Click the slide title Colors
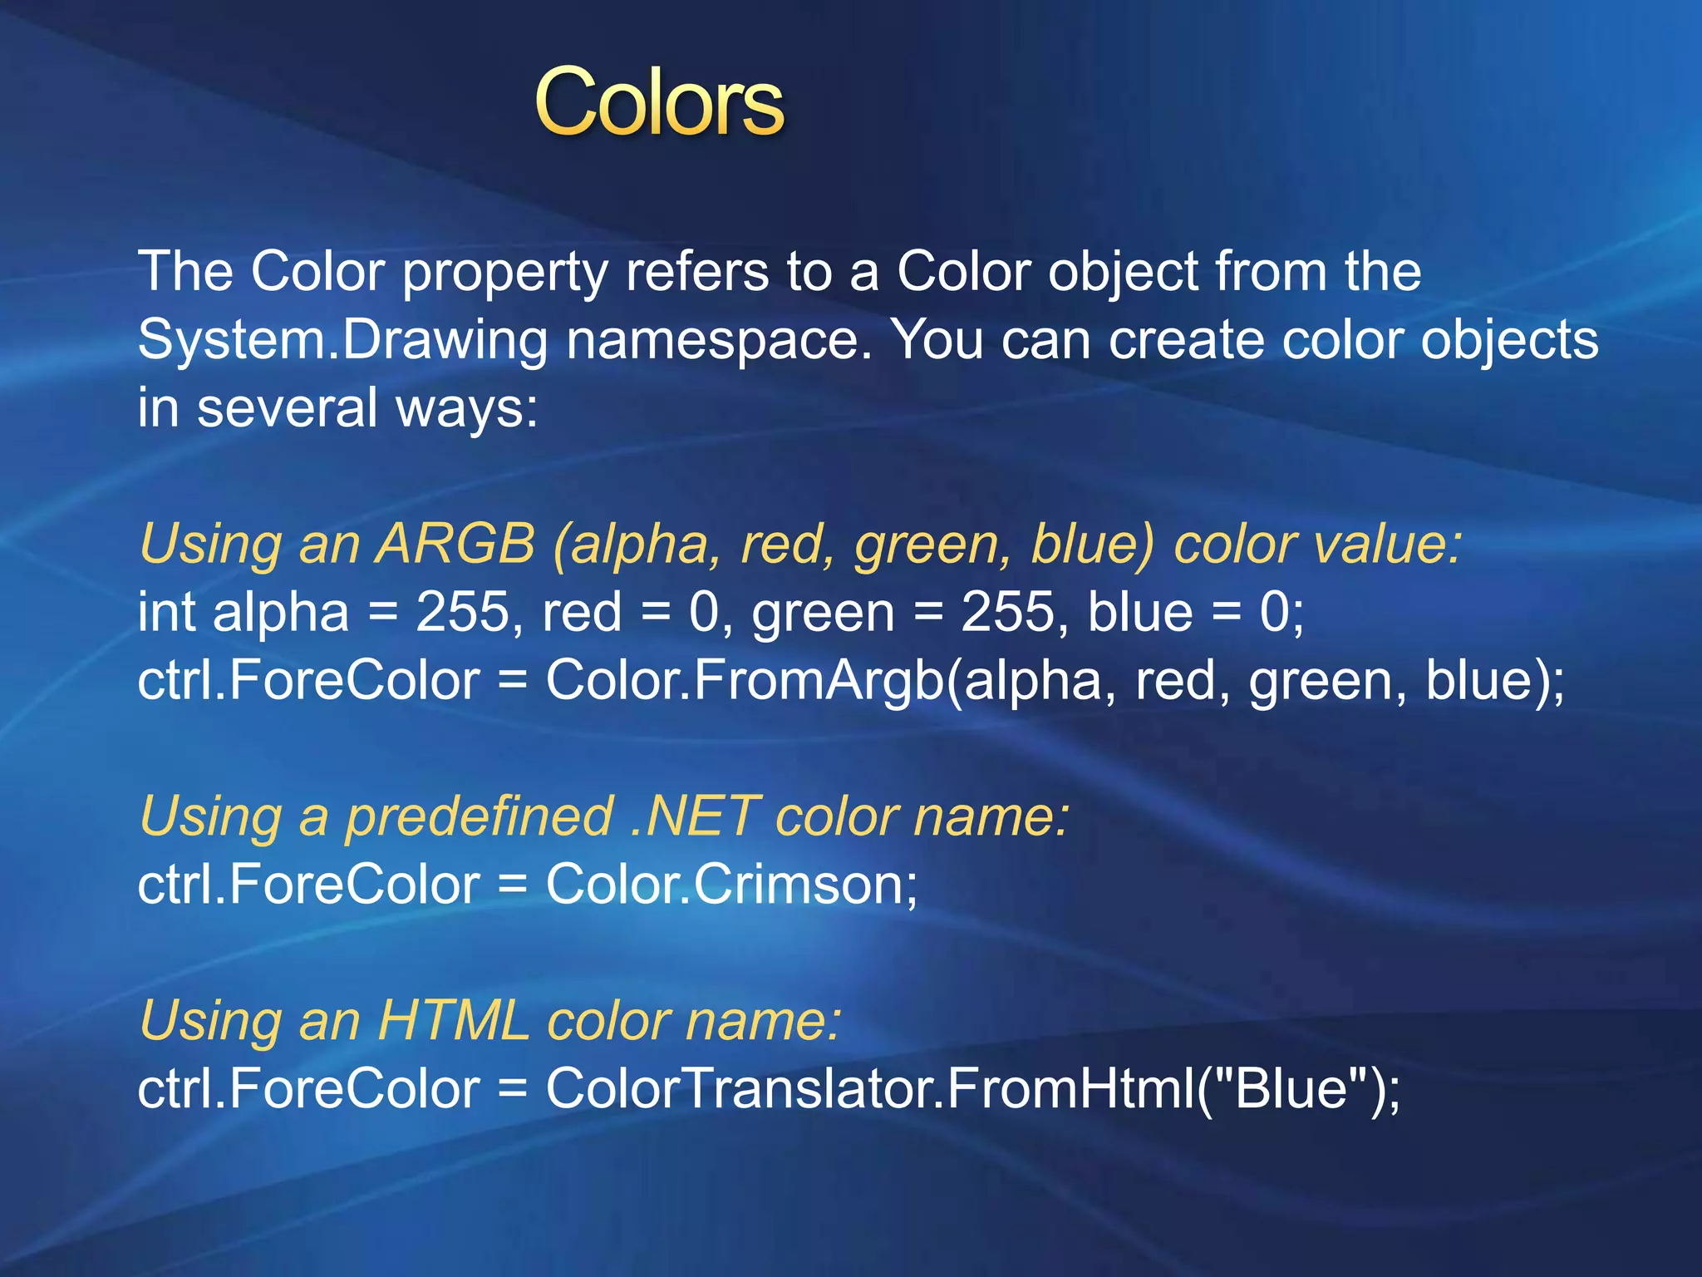659,103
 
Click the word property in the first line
504,272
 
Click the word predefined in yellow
479,816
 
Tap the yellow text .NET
694,816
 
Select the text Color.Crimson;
731,884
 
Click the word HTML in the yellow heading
453,1020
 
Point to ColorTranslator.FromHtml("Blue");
972,1088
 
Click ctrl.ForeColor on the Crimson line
308,884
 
